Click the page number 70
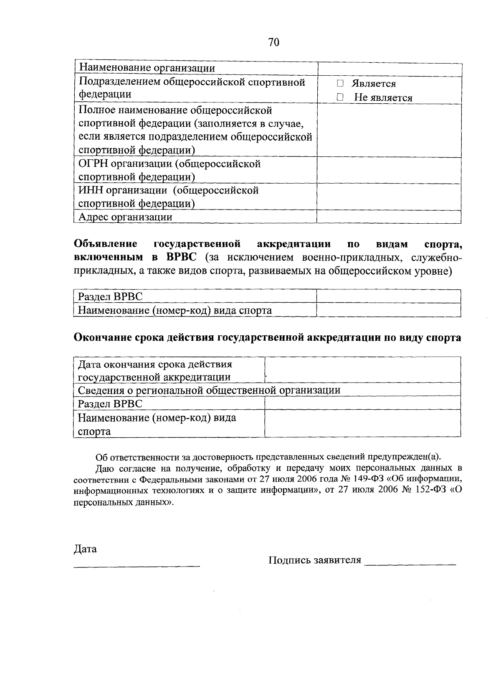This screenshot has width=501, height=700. (274, 42)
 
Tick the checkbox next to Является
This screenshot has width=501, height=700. (340, 84)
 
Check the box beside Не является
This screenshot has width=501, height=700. (340, 97)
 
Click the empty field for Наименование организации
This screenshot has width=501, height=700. (389, 69)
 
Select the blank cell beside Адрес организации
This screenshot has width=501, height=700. (389, 217)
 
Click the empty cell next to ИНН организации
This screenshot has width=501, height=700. (389, 197)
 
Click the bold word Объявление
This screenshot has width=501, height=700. (106, 243)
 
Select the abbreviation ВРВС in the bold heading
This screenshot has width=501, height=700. (181, 257)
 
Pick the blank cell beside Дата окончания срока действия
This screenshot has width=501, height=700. (362, 370)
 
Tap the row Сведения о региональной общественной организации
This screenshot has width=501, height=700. (209, 390)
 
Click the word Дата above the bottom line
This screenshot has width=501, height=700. (85, 549)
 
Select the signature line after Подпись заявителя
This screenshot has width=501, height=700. (410, 564)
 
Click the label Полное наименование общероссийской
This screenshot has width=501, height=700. (175, 110)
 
